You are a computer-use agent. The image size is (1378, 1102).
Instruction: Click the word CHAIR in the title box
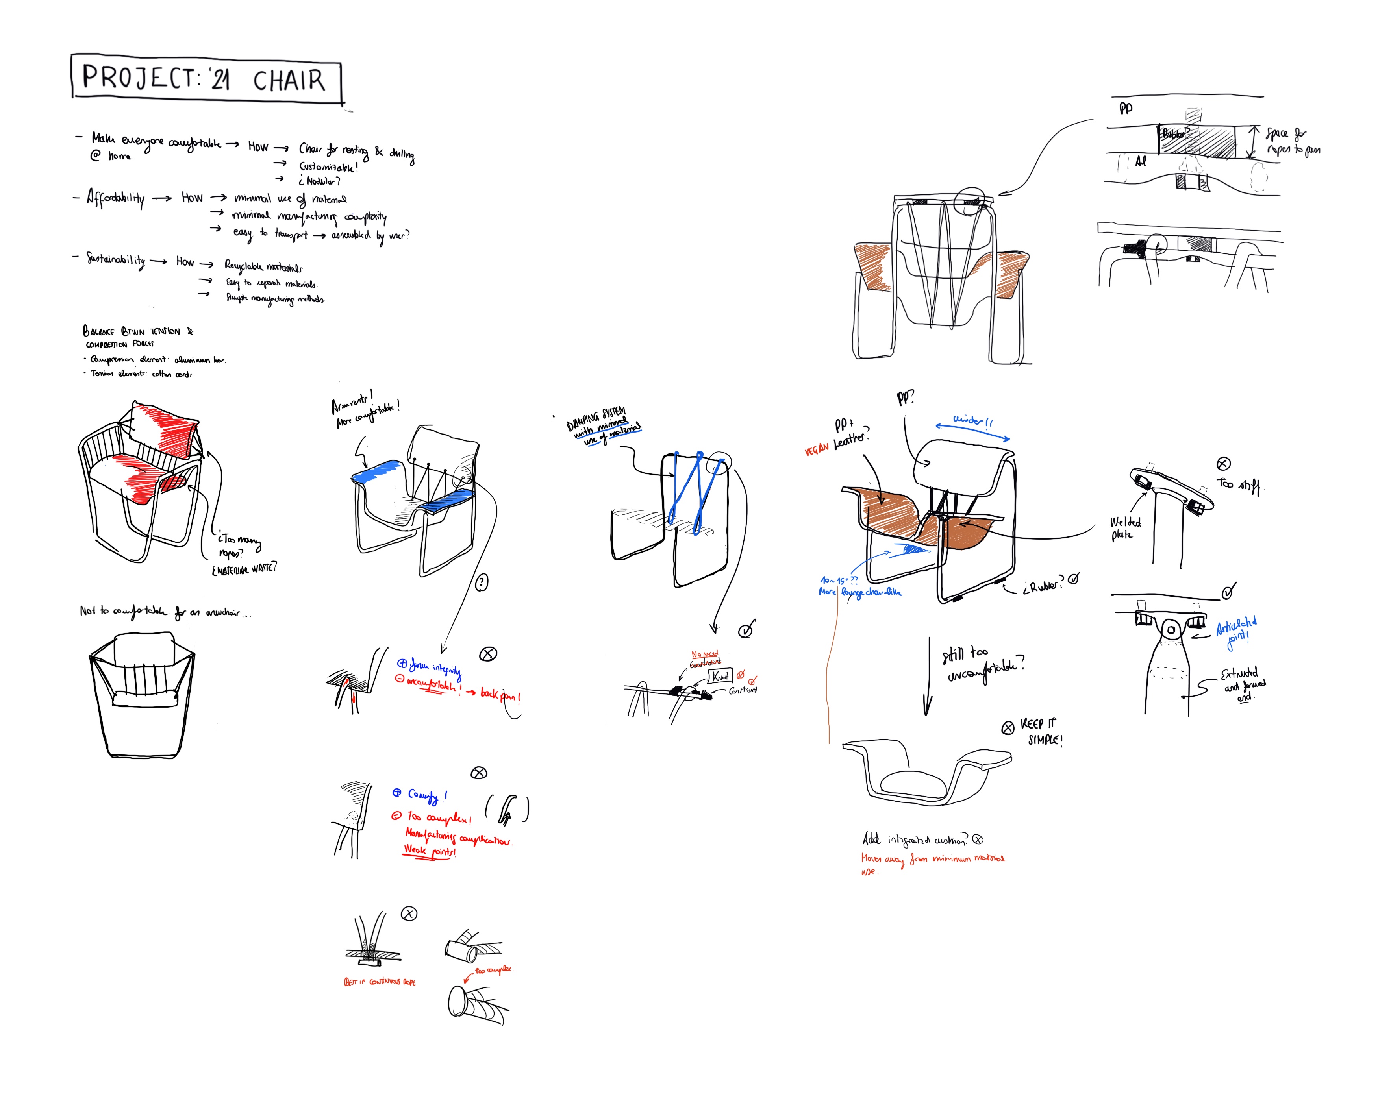pos(289,81)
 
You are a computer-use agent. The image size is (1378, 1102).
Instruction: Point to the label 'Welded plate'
pos(1125,528)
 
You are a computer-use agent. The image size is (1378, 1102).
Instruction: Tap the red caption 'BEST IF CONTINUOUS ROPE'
pos(379,982)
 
